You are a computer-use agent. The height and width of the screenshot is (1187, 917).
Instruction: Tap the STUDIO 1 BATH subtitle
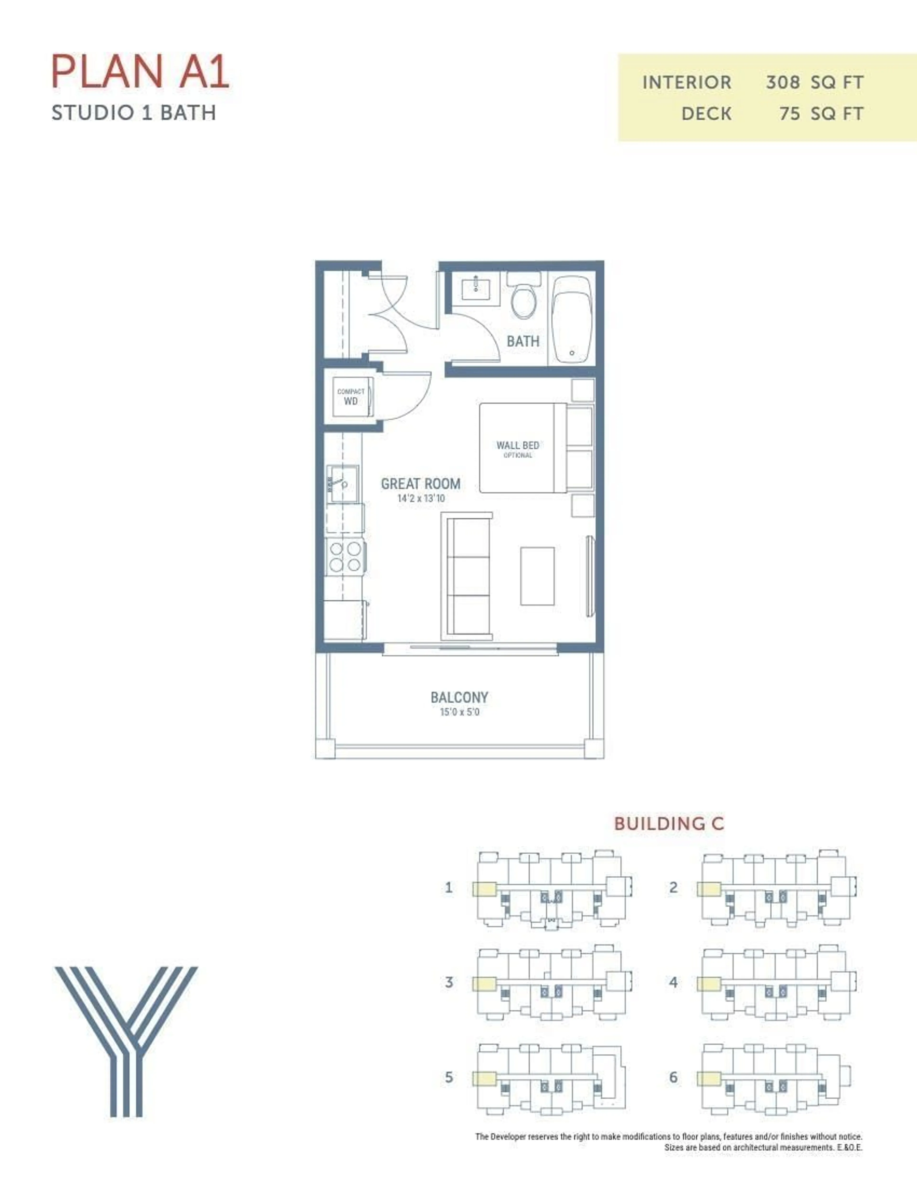pos(134,113)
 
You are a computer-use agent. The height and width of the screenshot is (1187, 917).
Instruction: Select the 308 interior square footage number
pos(782,83)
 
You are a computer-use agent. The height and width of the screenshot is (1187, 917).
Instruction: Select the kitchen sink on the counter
pos(342,483)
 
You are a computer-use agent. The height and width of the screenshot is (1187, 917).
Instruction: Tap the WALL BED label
pos(517,446)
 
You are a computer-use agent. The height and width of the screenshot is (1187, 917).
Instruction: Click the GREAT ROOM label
pos(421,484)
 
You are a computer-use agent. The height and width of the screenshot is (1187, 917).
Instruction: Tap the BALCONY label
pos(459,697)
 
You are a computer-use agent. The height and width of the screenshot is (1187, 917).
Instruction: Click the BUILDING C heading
pos(669,823)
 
